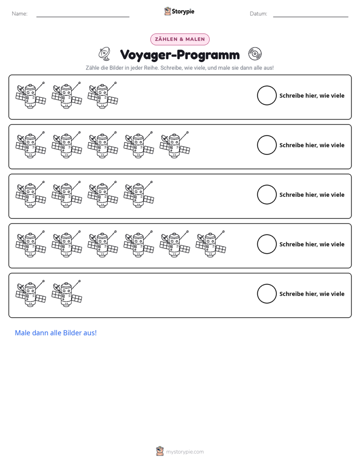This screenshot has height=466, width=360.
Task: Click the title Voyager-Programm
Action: (179, 54)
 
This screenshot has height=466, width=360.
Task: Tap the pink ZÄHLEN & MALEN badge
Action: (179, 39)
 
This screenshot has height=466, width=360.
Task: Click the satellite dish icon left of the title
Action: (104, 53)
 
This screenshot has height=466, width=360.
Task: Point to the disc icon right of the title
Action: (255, 54)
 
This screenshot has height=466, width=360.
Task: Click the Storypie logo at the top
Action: (179, 11)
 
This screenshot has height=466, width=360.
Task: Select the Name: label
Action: (20, 14)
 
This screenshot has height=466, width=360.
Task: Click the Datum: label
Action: (259, 14)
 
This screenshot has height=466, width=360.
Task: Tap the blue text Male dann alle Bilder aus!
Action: (56, 333)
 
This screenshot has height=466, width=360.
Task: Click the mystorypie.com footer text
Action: (185, 452)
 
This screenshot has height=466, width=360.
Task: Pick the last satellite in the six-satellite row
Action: (211, 244)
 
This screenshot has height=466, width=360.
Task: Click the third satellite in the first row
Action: (103, 95)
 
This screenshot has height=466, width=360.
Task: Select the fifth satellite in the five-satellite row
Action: (174, 145)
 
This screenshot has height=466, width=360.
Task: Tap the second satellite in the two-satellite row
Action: (67, 294)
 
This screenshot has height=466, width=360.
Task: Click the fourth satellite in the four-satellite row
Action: (139, 195)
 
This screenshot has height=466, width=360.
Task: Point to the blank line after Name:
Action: (83, 17)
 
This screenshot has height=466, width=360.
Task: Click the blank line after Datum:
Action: (311, 17)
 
